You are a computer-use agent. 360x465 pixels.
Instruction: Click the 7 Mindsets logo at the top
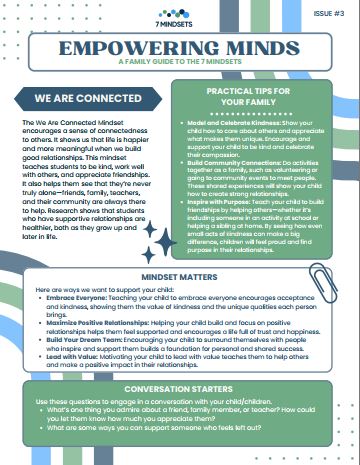coord(181,14)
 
